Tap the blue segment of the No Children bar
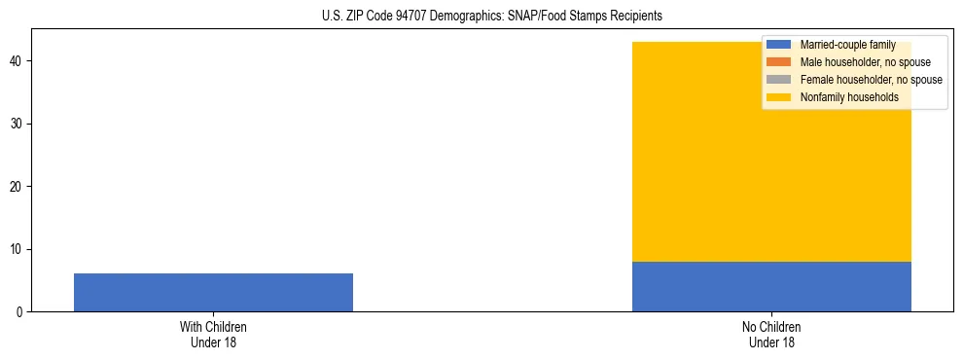pyautogui.click(x=771, y=286)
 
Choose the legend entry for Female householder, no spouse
pyautogui.click(x=856, y=80)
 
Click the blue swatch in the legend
pyautogui.click(x=778, y=45)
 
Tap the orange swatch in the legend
pyautogui.click(x=778, y=62)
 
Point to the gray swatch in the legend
pyautogui.click(x=778, y=80)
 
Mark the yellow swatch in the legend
pyautogui.click(x=778, y=97)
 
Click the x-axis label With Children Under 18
pyautogui.click(x=213, y=335)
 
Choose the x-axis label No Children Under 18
pyautogui.click(x=771, y=335)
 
